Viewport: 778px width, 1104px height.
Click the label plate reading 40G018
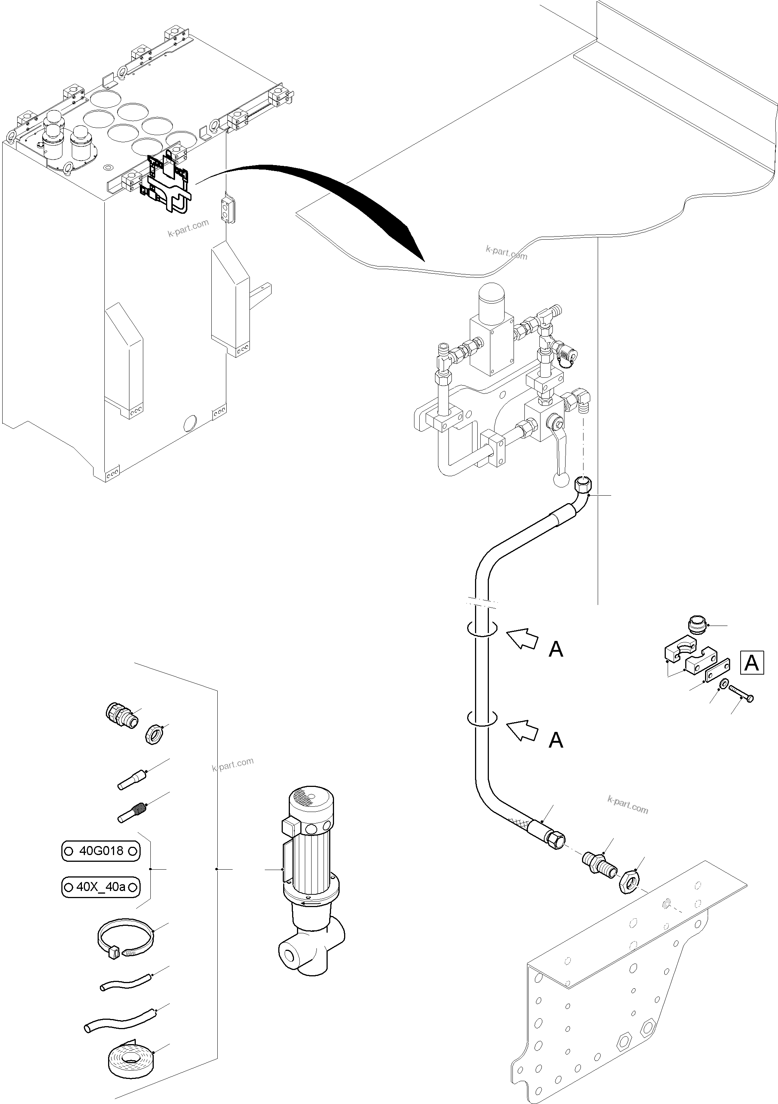(101, 851)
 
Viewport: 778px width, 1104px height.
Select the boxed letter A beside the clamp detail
(751, 663)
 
